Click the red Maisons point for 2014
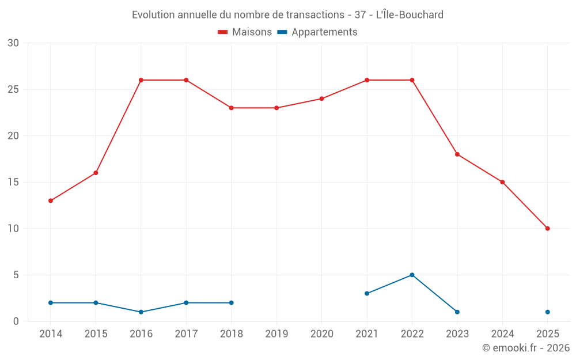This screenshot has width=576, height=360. pyautogui.click(x=51, y=200)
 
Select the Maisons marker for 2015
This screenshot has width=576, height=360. pyautogui.click(x=96, y=173)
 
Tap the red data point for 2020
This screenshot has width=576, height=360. pyautogui.click(x=321, y=98)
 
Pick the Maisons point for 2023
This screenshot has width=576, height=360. pyautogui.click(x=457, y=154)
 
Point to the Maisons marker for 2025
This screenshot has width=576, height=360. pyautogui.click(x=548, y=229)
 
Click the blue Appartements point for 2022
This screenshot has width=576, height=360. pyautogui.click(x=412, y=275)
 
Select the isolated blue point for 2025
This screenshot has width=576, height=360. pyautogui.click(x=548, y=312)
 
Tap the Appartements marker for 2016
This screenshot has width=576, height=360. pyautogui.click(x=141, y=312)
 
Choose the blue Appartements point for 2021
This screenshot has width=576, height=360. pyautogui.click(x=367, y=293)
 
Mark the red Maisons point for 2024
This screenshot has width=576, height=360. pyautogui.click(x=502, y=182)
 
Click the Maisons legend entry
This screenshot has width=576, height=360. pyautogui.click(x=245, y=32)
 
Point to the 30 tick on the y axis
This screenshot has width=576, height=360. pyautogui.click(x=13, y=43)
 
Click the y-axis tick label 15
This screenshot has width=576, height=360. pyautogui.click(x=13, y=182)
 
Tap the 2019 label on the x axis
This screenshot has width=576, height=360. pyautogui.click(x=276, y=334)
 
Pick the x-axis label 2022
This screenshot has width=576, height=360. pyautogui.click(x=412, y=334)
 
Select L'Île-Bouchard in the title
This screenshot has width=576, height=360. pyautogui.click(x=410, y=15)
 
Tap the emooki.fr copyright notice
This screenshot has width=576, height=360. pyautogui.click(x=525, y=348)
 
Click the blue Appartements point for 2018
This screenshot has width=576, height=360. pyautogui.click(x=232, y=302)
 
